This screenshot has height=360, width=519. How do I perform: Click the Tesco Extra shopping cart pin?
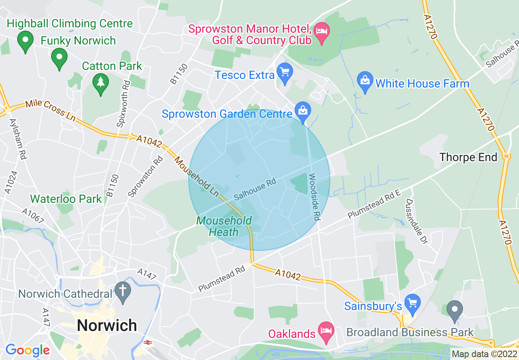284,72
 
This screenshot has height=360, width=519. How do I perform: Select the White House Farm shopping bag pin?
364,81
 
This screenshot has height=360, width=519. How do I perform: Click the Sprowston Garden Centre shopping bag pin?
303,111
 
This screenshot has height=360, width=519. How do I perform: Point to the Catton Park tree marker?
101,83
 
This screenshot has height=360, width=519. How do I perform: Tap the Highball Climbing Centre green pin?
25,40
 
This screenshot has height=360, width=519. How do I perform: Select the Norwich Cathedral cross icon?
123,291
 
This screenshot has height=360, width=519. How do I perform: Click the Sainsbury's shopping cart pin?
413,304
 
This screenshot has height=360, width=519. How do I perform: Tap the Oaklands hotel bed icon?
326,331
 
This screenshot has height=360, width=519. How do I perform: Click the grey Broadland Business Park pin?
454,310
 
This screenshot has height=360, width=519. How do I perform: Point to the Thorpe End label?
468,157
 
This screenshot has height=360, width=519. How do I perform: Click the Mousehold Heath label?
223,226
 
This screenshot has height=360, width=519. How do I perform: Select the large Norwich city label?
107,325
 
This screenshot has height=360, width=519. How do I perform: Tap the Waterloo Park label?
66,199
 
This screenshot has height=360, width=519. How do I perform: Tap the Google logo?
27,350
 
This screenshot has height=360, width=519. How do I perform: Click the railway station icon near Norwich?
147,342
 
